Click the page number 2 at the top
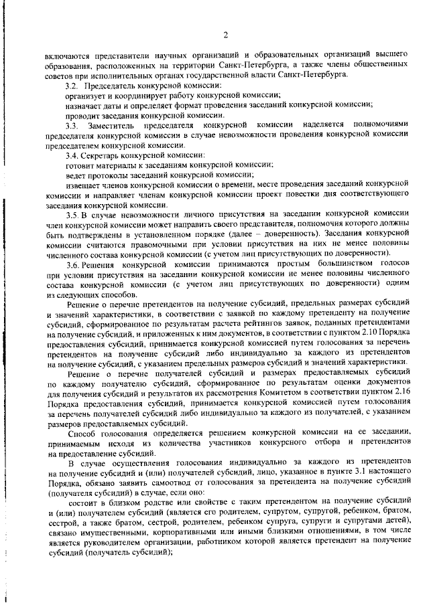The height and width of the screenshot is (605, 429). click(x=226, y=35)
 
